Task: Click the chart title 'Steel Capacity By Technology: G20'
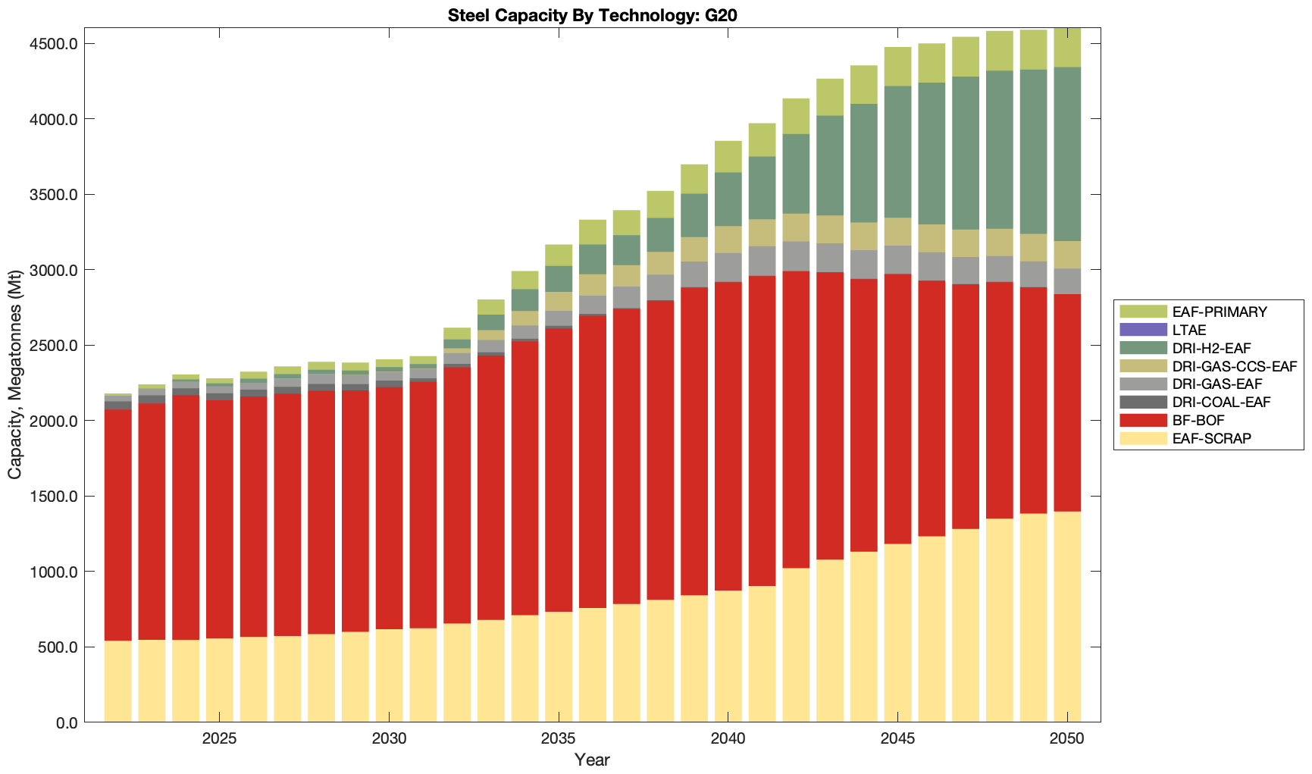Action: tap(592, 15)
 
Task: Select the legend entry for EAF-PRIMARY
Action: tap(1208, 312)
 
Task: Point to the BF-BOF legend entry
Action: tap(1198, 420)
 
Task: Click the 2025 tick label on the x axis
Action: tap(219, 739)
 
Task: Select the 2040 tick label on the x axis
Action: tap(728, 739)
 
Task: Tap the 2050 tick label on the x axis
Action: tap(1067, 739)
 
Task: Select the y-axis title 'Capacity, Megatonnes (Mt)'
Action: tap(15, 375)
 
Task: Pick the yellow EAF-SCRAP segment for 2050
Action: tap(1067, 617)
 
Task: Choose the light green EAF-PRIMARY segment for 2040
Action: tap(728, 156)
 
